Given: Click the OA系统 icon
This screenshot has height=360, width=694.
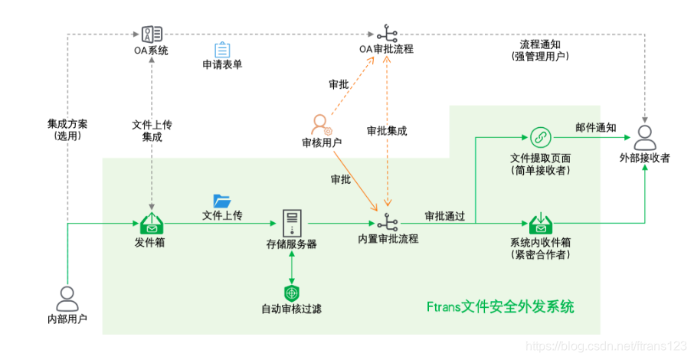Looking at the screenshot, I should [152, 34].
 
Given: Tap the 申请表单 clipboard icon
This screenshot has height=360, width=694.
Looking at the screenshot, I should [222, 50].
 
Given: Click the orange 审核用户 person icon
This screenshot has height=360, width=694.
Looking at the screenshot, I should [321, 124].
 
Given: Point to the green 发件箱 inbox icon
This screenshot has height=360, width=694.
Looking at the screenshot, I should [152, 224].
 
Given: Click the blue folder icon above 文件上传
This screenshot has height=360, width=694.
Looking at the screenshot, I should [222, 201].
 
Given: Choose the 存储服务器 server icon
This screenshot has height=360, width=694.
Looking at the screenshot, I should [292, 223].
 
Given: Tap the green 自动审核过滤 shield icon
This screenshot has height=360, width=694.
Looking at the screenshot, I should [291, 293].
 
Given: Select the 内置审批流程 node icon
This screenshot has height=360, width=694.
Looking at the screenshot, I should [388, 224].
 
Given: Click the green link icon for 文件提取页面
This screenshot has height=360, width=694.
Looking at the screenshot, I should [540, 138].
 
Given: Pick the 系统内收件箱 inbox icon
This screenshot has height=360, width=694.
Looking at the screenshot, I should [541, 224].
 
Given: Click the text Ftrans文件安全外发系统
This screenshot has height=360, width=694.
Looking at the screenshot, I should [499, 307].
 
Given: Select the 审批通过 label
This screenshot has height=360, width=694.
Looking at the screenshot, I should [444, 215].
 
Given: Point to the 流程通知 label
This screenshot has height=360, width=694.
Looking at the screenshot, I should [540, 44].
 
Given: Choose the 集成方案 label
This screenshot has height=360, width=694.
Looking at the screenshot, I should [67, 124].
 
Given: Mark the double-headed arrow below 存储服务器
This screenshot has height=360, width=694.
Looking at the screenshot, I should [292, 265].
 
